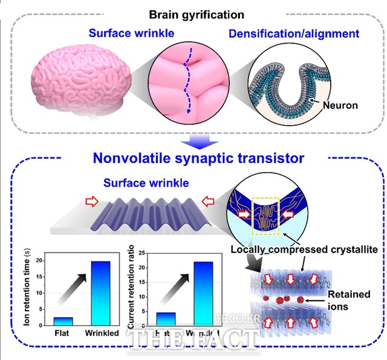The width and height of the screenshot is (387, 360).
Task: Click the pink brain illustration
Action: [x=82, y=82]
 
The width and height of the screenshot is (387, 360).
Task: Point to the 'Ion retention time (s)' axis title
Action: [x=28, y=286]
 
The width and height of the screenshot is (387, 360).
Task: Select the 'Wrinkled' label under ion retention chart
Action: [x=105, y=334]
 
